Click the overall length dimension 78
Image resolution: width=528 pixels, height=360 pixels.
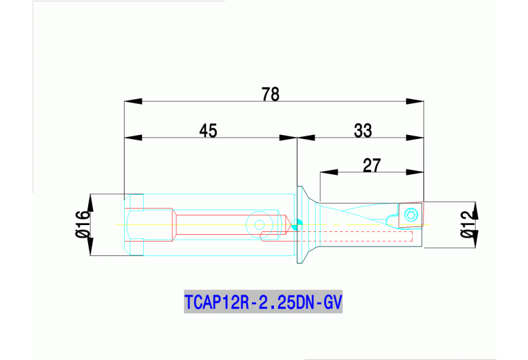pyautogui.click(x=271, y=94)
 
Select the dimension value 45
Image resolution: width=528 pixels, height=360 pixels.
pyautogui.click(x=209, y=130)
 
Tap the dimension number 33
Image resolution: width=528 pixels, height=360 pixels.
pyautogui.click(x=363, y=130)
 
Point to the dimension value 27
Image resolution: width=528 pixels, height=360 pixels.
pyautogui.click(x=372, y=165)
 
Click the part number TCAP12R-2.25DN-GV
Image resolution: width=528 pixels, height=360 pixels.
pyautogui.click(x=264, y=302)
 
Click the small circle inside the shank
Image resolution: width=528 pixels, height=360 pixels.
pyautogui.click(x=260, y=224)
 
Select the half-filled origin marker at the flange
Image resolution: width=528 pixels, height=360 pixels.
pyautogui.click(x=297, y=224)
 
